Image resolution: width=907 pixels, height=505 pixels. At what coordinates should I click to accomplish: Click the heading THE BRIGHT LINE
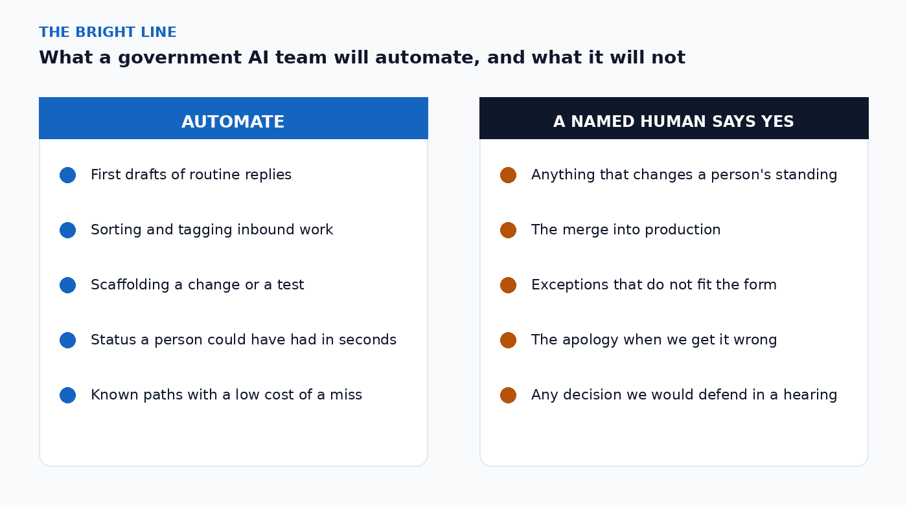[x=108, y=32]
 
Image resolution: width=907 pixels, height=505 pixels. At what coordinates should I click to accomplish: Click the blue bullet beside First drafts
[x=67, y=175]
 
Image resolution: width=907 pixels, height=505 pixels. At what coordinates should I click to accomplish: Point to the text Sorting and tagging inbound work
[x=212, y=230]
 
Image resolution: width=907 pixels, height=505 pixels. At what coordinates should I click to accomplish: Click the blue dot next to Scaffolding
[x=67, y=286]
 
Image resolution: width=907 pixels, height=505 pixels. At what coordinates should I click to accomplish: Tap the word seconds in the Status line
[x=368, y=339]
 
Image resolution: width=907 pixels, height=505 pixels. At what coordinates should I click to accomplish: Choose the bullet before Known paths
[x=67, y=396]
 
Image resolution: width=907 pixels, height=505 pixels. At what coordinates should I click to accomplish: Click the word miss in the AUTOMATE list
[x=346, y=394]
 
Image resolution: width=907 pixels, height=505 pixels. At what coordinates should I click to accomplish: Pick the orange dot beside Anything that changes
[x=508, y=175]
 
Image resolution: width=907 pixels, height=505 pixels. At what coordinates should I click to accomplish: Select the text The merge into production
[x=626, y=230]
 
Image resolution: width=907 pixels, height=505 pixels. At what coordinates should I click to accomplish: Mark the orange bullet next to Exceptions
[x=508, y=286]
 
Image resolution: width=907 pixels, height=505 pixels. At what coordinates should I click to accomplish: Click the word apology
[x=590, y=341]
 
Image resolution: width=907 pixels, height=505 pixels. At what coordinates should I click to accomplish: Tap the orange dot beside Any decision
[x=508, y=396]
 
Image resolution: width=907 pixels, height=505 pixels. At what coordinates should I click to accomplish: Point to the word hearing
[x=810, y=395]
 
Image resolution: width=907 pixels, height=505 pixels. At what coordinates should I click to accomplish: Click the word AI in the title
[x=258, y=58]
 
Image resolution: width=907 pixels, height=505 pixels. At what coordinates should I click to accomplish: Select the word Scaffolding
[x=130, y=285]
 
